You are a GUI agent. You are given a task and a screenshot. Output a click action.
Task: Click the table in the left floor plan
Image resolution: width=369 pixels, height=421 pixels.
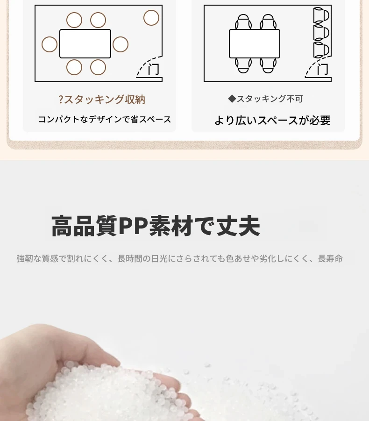(85, 43)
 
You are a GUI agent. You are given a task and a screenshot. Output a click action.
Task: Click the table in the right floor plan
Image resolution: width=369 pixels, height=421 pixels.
(255, 43)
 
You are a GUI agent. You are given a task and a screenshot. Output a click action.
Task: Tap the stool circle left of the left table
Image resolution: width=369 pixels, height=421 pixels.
(50, 44)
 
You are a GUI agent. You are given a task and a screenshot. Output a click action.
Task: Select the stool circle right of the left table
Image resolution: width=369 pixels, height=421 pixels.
(121, 44)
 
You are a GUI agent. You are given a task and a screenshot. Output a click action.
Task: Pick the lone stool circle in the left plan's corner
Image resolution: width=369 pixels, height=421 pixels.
(151, 18)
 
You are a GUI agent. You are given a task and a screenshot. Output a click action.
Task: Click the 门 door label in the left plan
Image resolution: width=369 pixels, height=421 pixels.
(154, 69)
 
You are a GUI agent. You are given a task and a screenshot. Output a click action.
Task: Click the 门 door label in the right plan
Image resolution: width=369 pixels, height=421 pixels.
(322, 69)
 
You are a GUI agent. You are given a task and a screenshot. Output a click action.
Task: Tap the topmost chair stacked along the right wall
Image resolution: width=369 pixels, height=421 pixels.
(321, 15)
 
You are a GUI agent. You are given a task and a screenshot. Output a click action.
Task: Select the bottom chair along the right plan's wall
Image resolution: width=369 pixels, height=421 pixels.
(321, 50)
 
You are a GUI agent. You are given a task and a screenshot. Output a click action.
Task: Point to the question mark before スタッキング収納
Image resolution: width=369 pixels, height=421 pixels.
(61, 100)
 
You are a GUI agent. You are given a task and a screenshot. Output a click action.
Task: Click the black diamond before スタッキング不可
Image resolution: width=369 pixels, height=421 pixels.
(232, 99)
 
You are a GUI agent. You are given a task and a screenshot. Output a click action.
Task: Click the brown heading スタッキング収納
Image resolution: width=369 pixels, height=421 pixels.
(105, 100)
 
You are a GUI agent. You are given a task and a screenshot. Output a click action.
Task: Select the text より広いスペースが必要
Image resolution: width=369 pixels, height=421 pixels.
(272, 120)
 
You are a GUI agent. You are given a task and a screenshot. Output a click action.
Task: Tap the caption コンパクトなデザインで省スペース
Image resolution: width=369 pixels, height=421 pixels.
(105, 119)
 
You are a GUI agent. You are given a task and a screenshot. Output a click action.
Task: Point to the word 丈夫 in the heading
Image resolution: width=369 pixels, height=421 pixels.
(238, 226)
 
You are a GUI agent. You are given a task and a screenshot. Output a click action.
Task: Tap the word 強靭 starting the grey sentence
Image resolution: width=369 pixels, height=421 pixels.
(25, 258)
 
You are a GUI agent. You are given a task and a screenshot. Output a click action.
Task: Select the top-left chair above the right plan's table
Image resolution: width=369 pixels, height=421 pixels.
(243, 21)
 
